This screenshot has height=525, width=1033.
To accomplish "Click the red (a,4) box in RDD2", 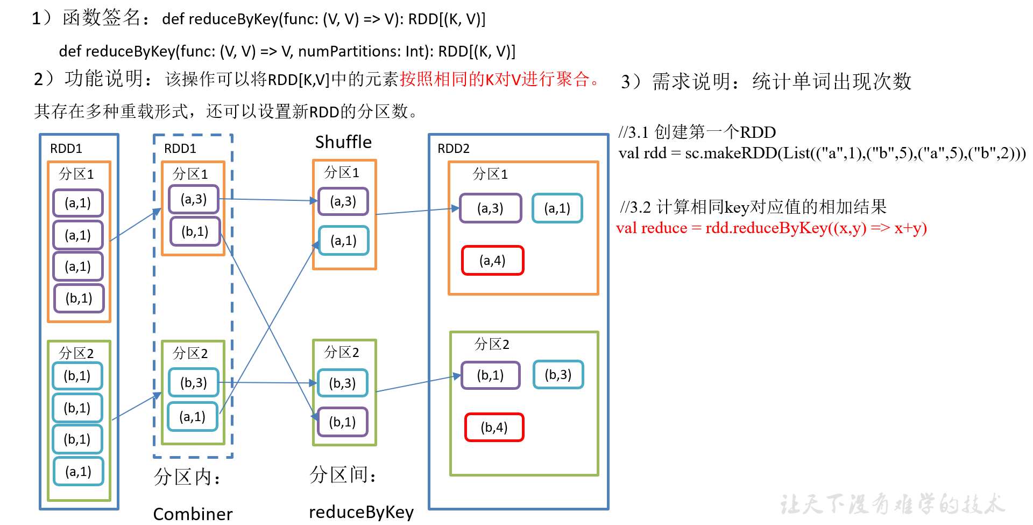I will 492,261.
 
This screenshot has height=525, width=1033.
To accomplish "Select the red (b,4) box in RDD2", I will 494,428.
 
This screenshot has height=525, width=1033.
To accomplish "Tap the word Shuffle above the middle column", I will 343,142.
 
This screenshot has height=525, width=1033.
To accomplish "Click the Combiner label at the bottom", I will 193,514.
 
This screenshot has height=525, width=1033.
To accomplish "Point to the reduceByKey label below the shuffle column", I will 361,512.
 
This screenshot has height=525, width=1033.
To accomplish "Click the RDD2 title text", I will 454,149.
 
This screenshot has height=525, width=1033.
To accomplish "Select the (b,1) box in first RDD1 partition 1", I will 79,298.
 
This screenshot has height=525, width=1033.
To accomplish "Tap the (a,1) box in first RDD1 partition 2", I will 79,472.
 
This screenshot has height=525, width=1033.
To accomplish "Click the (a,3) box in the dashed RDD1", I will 194,199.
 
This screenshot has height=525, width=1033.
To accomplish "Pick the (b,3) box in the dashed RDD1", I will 194,383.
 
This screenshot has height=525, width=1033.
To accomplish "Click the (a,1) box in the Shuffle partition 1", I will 343,241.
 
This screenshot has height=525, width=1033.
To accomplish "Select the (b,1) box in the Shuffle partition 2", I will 343,422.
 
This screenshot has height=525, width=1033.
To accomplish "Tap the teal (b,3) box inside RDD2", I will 558,375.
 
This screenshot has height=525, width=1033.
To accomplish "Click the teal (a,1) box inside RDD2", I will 557,208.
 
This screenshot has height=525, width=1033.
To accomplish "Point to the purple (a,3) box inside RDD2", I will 490,208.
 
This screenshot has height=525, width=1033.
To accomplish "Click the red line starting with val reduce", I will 771,228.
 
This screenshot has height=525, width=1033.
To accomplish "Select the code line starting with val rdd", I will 822,153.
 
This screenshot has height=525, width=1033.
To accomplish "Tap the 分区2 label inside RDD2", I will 491,344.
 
